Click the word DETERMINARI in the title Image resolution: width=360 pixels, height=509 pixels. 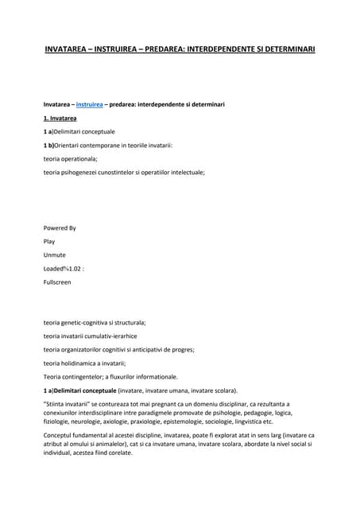pyautogui.click(x=284, y=49)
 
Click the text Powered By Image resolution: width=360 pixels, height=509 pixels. pyautogui.click(x=60, y=227)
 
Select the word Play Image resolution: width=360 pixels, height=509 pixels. pyautogui.click(x=49, y=241)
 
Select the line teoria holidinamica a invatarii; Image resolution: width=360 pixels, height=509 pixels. pyautogui.click(x=84, y=363)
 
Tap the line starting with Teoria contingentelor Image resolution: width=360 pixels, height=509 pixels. pyautogui.click(x=110, y=376)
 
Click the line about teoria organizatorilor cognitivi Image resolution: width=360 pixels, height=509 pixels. pyautogui.click(x=118, y=349)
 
